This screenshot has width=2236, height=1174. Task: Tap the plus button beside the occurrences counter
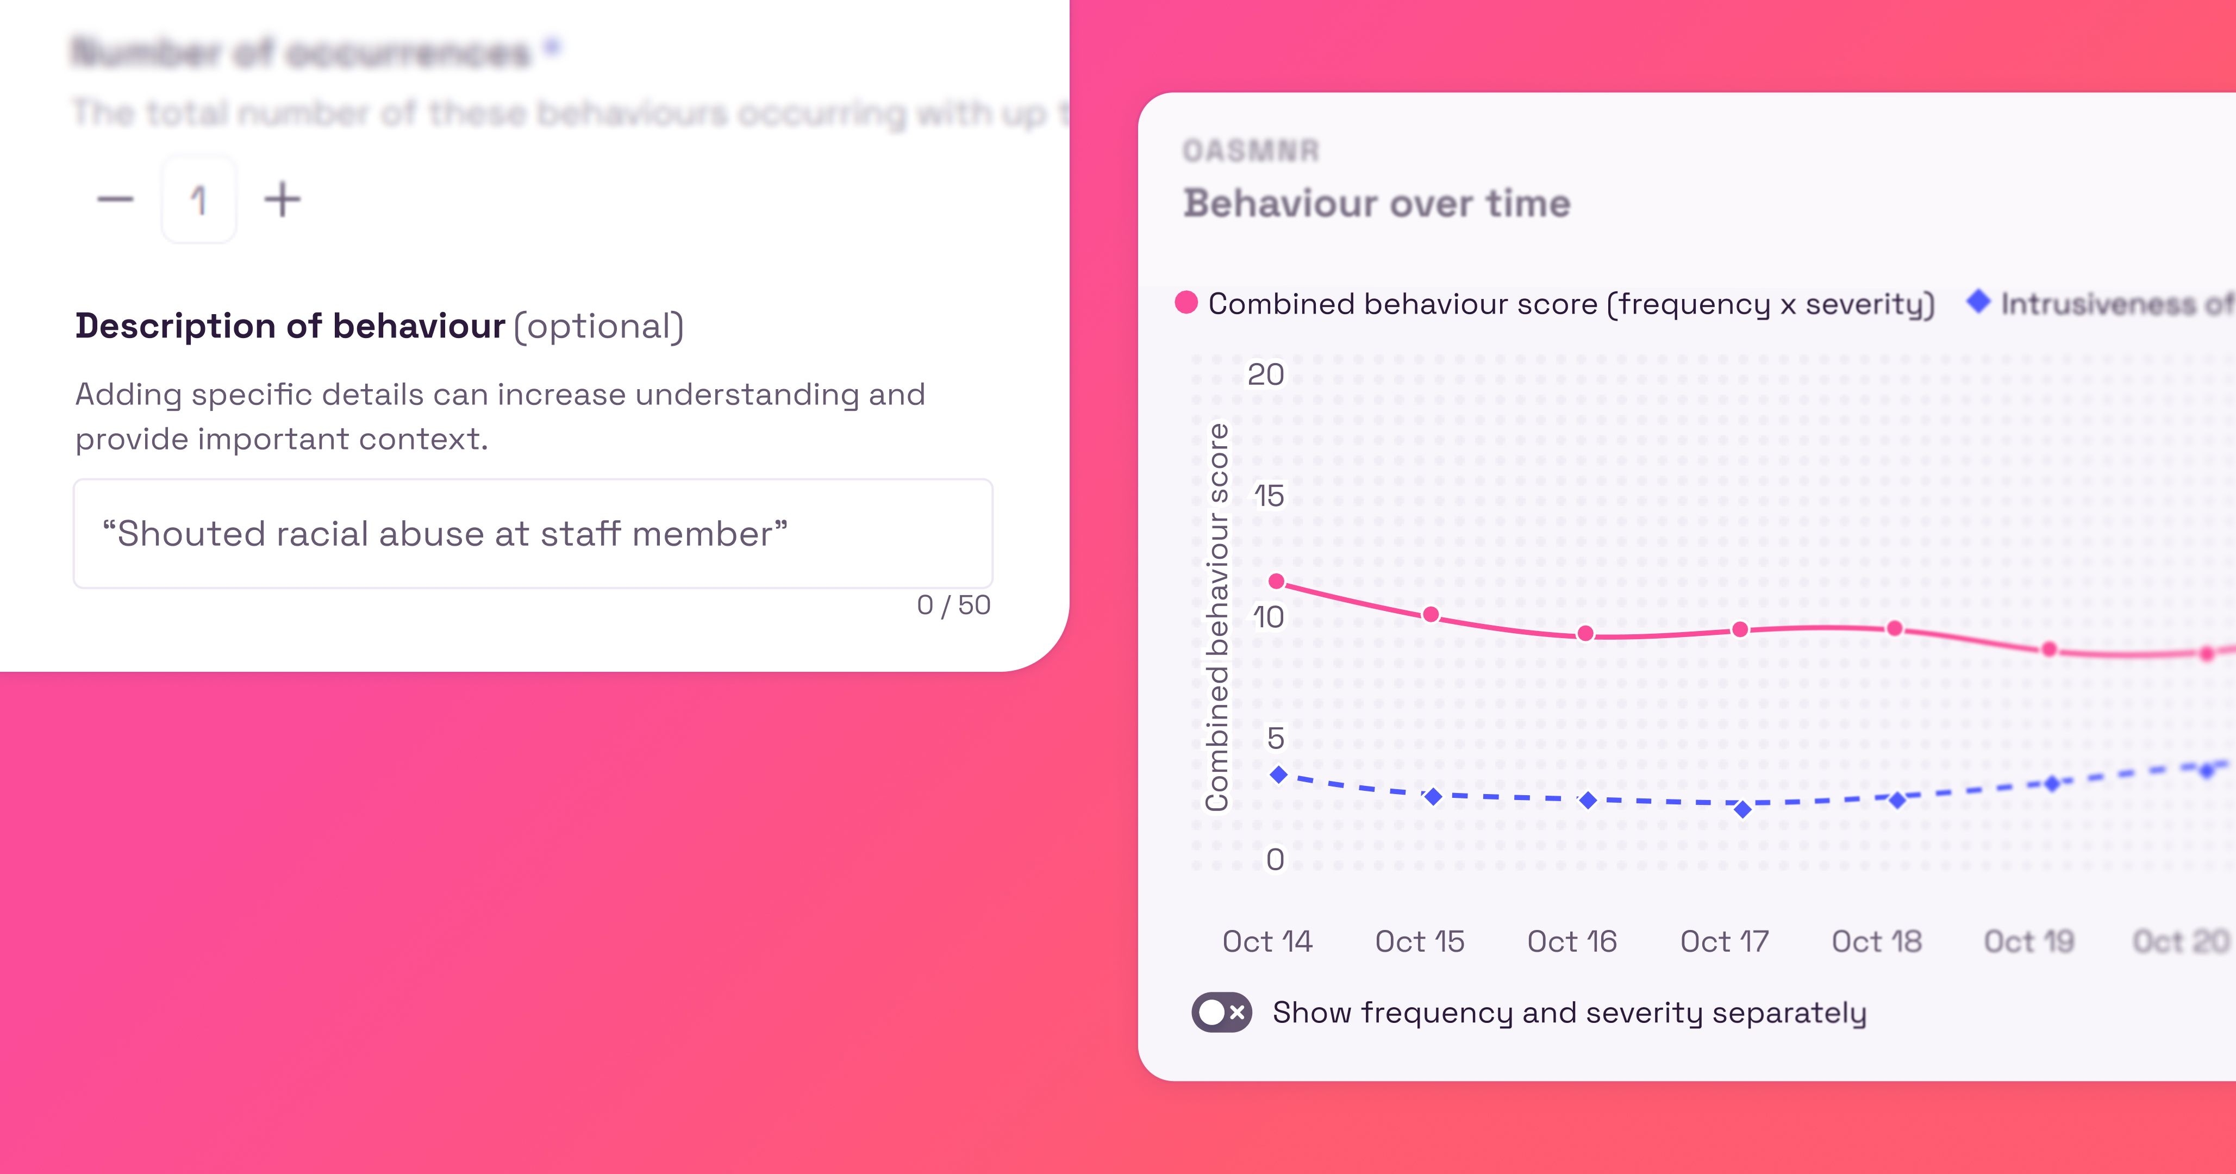(282, 199)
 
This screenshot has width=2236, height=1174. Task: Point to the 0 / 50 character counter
(953, 605)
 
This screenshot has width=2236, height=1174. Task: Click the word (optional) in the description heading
(599, 327)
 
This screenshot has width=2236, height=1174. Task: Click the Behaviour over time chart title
(1377, 204)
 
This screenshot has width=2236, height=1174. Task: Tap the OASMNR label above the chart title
(1251, 151)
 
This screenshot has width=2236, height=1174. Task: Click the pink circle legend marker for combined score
(1186, 303)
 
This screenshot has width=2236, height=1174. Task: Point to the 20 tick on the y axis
(1265, 374)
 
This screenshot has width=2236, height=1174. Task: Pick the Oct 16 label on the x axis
(1572, 941)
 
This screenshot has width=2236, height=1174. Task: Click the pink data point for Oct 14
(1277, 581)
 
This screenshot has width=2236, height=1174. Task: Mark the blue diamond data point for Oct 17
(1742, 809)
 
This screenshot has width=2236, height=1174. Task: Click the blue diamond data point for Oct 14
(1278, 775)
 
